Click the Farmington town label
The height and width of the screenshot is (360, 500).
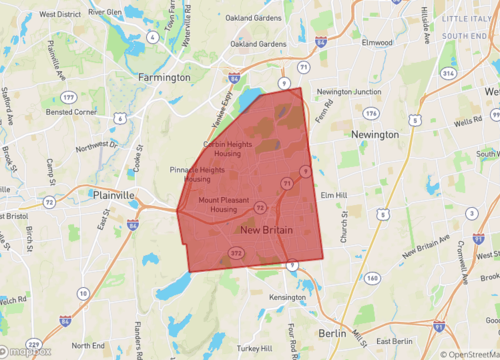coord(166,77)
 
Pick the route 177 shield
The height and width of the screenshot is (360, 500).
coord(68,97)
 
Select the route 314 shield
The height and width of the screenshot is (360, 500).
coord(448,74)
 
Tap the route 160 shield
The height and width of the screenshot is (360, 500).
coord(373,278)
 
